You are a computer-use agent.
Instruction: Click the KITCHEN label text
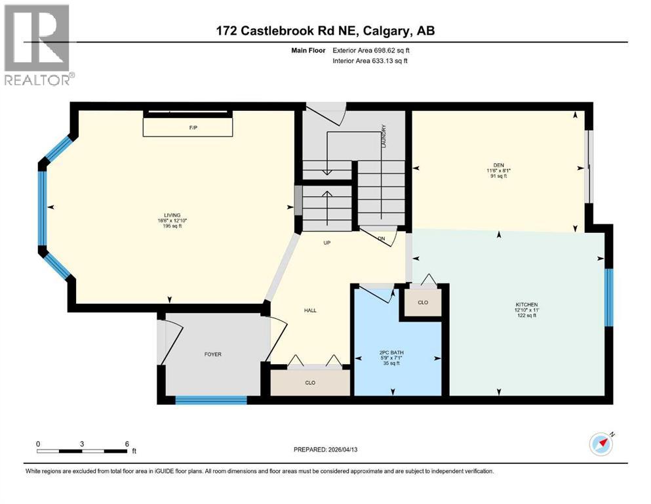click(526, 304)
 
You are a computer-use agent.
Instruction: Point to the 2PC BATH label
click(391, 352)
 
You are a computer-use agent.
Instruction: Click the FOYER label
click(212, 354)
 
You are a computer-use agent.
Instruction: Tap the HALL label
click(310, 310)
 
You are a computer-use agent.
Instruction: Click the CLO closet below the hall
click(310, 382)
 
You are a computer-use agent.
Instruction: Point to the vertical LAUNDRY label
click(384, 135)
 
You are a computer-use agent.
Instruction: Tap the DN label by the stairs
click(381, 238)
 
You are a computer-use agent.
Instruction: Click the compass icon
click(601, 444)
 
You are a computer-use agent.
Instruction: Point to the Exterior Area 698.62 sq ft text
click(372, 50)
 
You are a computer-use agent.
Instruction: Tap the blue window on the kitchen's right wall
click(608, 297)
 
